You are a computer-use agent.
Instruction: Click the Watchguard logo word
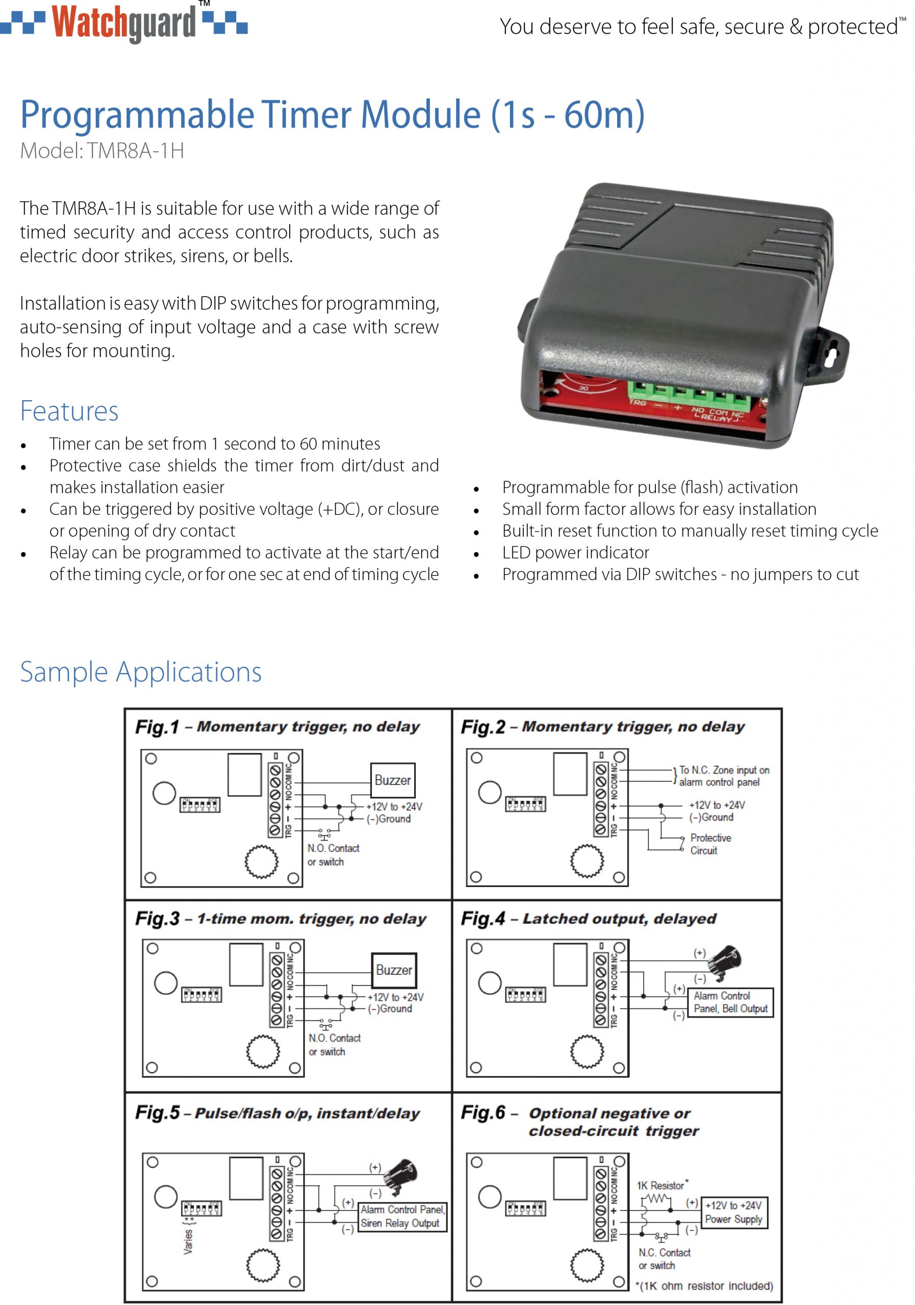coord(123,24)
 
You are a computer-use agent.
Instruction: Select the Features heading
coord(69,411)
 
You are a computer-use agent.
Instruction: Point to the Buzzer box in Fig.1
coord(392,780)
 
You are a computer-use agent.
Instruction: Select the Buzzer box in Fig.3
coord(394,970)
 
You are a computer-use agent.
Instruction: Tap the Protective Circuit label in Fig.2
coord(710,844)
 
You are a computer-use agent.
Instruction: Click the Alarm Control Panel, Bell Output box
coord(730,1002)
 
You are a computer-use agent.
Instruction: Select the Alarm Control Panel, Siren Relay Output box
coord(402,1216)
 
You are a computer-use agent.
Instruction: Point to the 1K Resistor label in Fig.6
coord(662,1186)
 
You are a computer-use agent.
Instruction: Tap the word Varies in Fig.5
coord(188,1242)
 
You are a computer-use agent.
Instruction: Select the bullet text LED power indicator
coord(575,553)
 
